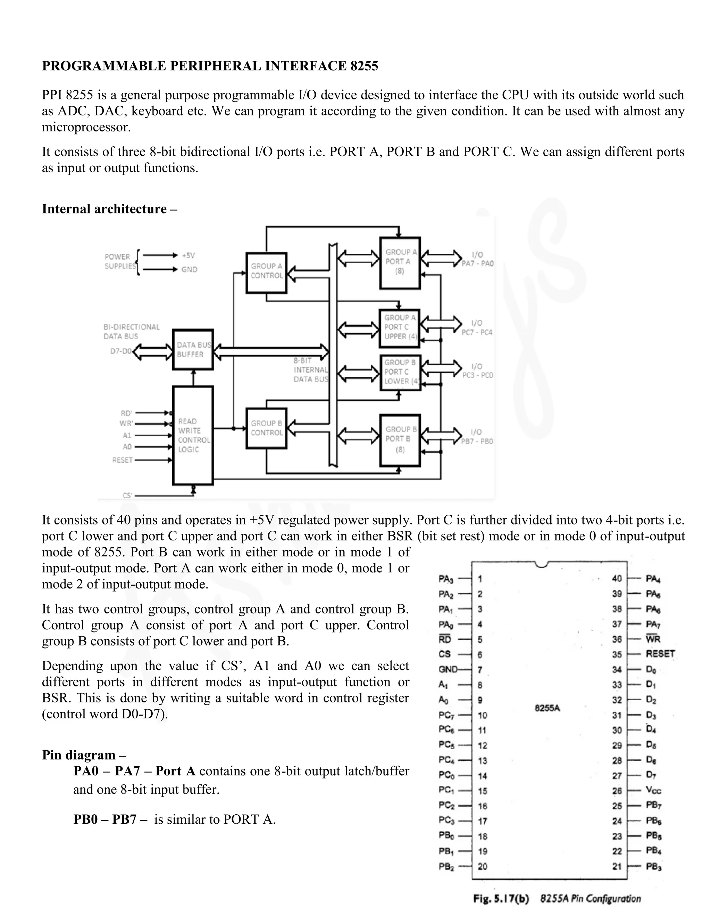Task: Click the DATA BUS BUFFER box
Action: (x=193, y=350)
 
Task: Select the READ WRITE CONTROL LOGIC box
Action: (x=193, y=435)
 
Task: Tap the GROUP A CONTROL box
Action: (x=266, y=272)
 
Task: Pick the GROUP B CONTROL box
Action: (x=266, y=428)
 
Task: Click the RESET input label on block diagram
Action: (x=122, y=460)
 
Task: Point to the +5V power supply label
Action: (x=188, y=255)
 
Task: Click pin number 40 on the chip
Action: (x=617, y=579)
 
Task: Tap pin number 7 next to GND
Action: (x=480, y=670)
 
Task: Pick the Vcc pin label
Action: (x=654, y=791)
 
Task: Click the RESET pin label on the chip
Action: (x=660, y=654)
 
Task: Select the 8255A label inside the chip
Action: (x=547, y=708)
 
